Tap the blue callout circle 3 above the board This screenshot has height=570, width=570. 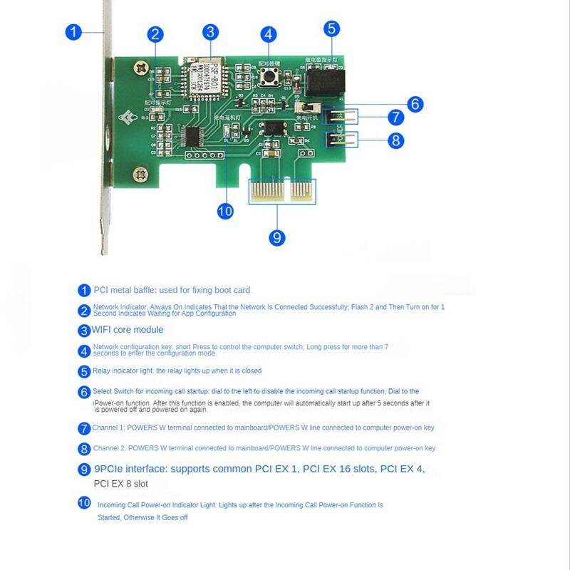pyautogui.click(x=209, y=32)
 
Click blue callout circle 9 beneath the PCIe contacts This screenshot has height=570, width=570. pyautogui.click(x=277, y=237)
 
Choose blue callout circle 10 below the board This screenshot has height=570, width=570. pyautogui.click(x=225, y=211)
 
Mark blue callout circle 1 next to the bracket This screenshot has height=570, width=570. pyautogui.click(x=74, y=32)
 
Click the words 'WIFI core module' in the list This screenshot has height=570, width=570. pyautogui.click(x=127, y=330)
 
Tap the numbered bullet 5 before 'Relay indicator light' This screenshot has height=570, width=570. pyautogui.click(x=84, y=371)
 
